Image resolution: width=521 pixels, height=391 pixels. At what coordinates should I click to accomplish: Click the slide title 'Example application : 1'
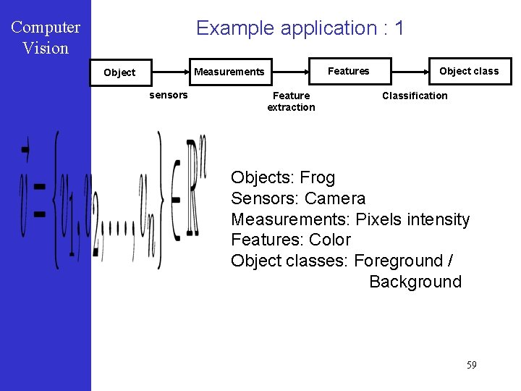point(300,28)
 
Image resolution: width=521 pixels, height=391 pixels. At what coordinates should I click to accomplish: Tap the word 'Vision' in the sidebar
point(46,49)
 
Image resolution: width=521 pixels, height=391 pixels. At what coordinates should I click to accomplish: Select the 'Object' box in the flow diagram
point(120,72)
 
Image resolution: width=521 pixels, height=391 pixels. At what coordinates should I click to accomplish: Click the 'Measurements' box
point(229,72)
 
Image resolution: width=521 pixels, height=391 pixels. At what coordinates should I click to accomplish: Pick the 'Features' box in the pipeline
point(349,71)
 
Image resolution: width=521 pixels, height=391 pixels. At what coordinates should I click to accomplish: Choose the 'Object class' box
point(469,71)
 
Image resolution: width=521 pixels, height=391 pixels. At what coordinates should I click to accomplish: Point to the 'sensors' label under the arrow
point(168,95)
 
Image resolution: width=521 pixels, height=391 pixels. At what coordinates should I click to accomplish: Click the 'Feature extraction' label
point(291,101)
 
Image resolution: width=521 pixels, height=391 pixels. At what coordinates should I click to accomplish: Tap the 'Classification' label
point(415,96)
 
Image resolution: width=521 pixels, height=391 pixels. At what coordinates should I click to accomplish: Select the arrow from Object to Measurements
point(170,72)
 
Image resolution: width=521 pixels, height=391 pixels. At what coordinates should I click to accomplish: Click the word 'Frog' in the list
point(318,178)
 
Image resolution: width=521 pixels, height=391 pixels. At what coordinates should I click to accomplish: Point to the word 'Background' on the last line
point(415,282)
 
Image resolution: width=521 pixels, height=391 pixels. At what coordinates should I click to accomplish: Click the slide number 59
point(471,365)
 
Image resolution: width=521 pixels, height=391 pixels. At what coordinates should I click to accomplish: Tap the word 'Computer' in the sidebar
point(46,28)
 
